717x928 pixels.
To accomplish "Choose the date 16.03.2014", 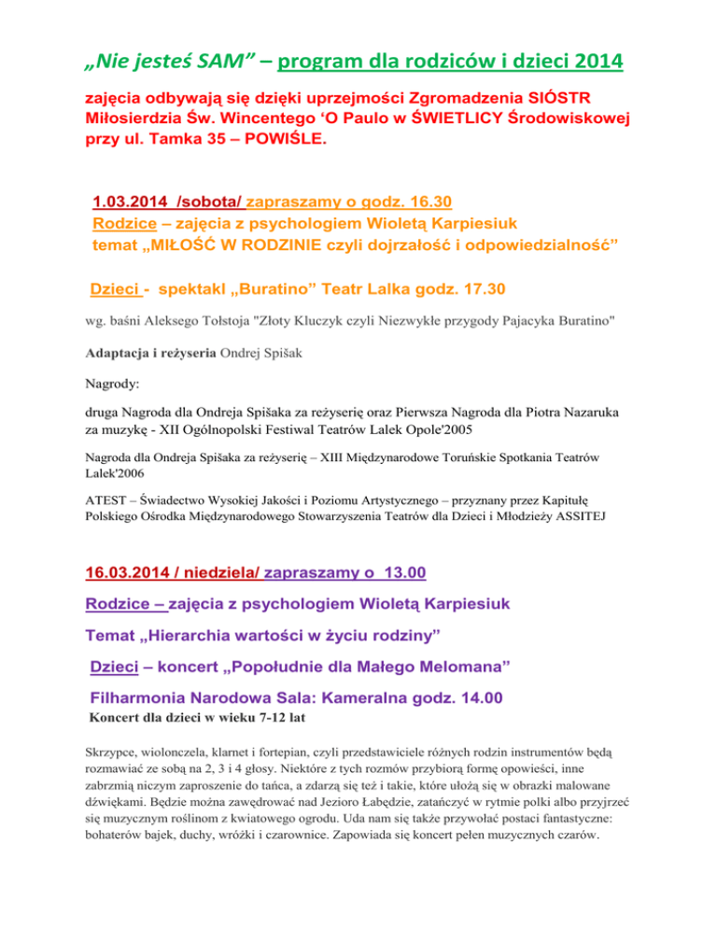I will [134, 571].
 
